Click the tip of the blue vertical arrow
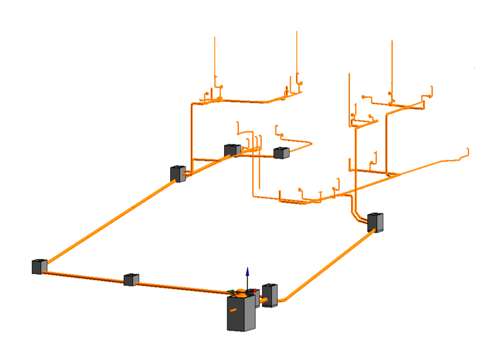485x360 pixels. [247, 268]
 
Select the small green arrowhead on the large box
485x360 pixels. [230, 292]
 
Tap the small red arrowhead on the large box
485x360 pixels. [255, 291]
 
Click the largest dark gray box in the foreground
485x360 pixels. [241, 313]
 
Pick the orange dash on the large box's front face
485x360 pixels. [233, 310]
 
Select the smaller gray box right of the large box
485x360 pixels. [270, 295]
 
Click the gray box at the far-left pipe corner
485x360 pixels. [39, 266]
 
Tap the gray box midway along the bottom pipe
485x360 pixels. [131, 280]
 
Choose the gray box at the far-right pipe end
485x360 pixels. [375, 222]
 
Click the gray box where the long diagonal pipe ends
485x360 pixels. [178, 173]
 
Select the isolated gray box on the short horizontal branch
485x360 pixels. [281, 152]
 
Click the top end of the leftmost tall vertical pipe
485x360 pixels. [214, 38]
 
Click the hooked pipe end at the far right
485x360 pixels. [468, 150]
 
